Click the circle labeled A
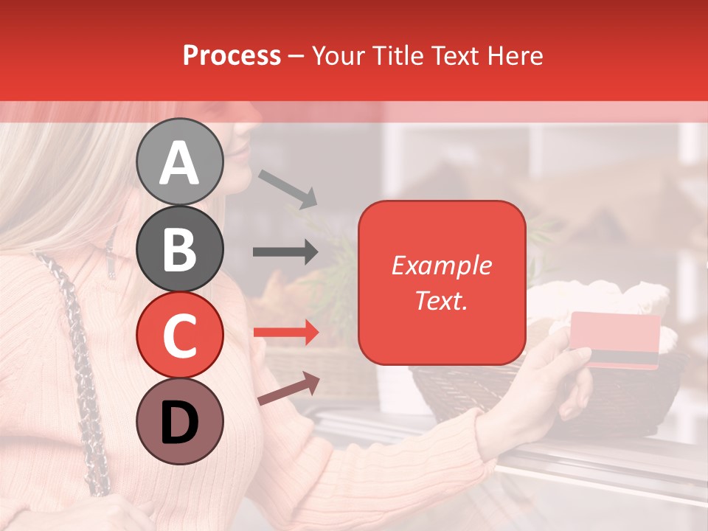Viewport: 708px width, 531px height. pyautogui.click(x=179, y=162)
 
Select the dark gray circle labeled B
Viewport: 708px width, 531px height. pyautogui.click(x=179, y=249)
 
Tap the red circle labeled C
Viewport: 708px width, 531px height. pyautogui.click(x=179, y=335)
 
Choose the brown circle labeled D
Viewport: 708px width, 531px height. pyautogui.click(x=179, y=421)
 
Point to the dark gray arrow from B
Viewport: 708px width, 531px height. pyautogui.click(x=285, y=251)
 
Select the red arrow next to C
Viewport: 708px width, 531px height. pyautogui.click(x=285, y=333)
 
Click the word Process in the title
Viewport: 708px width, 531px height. pyautogui.click(x=232, y=55)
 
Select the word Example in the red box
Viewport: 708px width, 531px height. pyautogui.click(x=441, y=265)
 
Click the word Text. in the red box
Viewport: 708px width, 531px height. pyautogui.click(x=441, y=300)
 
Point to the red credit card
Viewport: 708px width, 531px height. pyautogui.click(x=615, y=339)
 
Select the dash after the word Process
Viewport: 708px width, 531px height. pyautogui.click(x=296, y=56)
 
